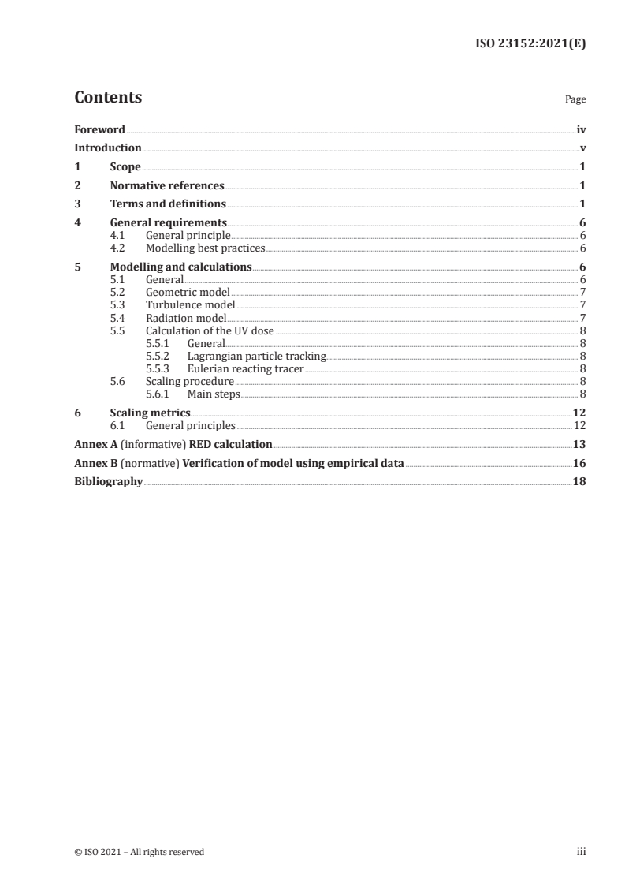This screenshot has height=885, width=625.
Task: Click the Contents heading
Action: [x=108, y=98]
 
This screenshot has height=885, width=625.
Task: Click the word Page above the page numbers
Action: [x=575, y=100]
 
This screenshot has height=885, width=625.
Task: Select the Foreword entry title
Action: [x=99, y=129]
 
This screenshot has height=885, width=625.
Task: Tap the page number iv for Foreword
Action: [x=581, y=129]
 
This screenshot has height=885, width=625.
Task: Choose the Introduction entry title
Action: [x=108, y=147]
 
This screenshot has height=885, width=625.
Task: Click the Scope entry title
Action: [x=125, y=167]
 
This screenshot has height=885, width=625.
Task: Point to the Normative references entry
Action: [x=167, y=186]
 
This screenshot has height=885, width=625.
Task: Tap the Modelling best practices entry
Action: [x=206, y=248]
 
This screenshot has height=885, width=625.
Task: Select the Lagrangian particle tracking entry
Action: [x=256, y=357]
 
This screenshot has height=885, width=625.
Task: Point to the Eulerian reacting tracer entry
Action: [x=245, y=368]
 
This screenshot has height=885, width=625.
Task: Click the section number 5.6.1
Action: [x=158, y=394]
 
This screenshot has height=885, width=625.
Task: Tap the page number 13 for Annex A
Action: [x=579, y=444]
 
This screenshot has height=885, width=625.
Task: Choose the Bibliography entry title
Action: [x=108, y=482]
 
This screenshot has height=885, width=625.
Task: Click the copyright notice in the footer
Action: [x=139, y=851]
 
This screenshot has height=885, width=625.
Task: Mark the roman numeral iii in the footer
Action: [x=582, y=851]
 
